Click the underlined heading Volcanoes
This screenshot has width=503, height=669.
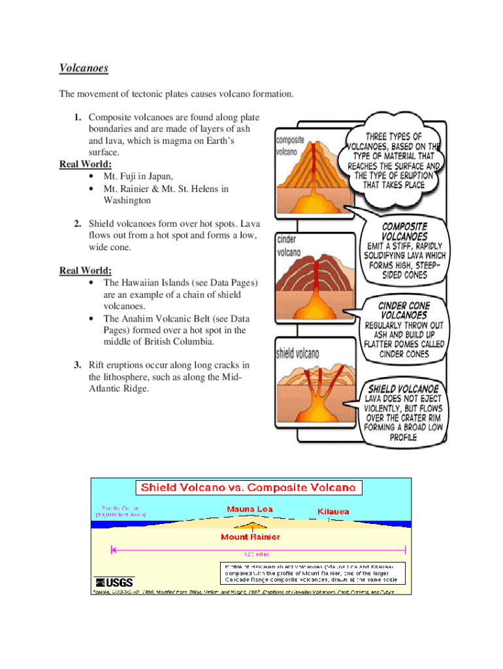[x=84, y=68]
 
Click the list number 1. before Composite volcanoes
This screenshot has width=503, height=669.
[x=77, y=118]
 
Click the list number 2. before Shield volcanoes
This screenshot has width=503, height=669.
[x=77, y=224]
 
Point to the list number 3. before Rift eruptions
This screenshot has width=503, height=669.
[x=77, y=365]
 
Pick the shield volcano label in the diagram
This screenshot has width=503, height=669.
[x=298, y=354]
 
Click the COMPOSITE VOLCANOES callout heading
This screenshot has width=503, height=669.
[x=404, y=231]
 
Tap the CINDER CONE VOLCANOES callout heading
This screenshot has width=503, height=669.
[x=404, y=310]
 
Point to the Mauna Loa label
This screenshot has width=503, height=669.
[x=250, y=509]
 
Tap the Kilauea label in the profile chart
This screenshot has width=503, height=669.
[x=333, y=512]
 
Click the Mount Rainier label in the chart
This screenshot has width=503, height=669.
[x=250, y=537]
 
